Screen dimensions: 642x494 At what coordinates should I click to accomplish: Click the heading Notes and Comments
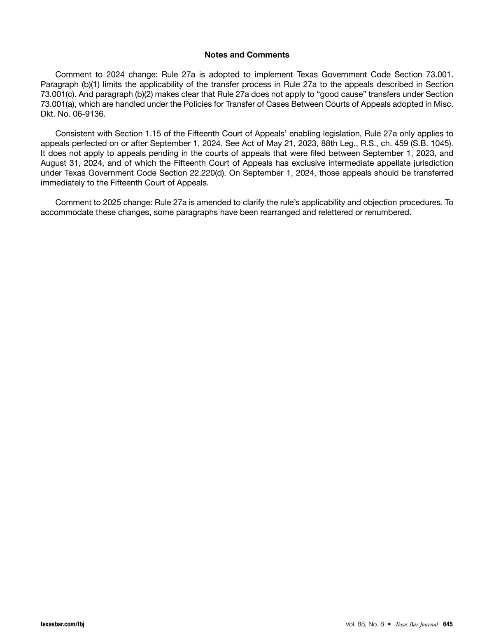pos(247,55)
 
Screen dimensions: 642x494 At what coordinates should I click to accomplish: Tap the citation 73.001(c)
pos(58,94)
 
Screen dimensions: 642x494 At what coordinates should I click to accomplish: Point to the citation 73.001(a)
pos(58,104)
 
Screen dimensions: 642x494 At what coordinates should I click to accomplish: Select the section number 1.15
pos(153,134)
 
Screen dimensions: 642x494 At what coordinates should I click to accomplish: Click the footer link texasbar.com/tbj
pos(62,624)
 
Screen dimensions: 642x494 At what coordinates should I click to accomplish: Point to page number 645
pos(448,624)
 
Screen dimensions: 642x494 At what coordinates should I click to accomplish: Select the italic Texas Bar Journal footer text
pos(416,624)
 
